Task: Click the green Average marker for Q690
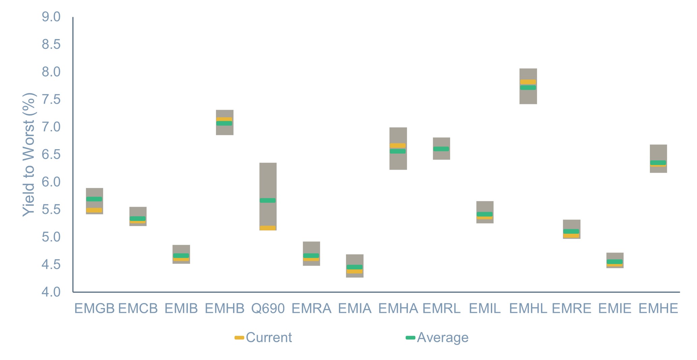tap(267, 200)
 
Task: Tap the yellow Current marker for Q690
tap(267, 228)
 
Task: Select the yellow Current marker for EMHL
tap(528, 82)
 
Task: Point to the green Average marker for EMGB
tap(94, 199)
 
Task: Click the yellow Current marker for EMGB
tap(94, 210)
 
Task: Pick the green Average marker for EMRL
tap(441, 149)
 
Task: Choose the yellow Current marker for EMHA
tap(398, 145)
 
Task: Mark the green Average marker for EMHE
tap(658, 163)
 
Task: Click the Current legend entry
tap(263, 337)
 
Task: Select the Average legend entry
tap(437, 337)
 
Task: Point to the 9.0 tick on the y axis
tap(51, 17)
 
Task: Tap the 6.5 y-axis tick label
tap(51, 155)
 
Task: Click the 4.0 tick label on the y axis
tap(51, 292)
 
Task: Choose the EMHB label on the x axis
tap(225, 308)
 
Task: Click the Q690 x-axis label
tap(268, 308)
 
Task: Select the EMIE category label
tap(615, 308)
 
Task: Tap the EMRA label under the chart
tap(311, 308)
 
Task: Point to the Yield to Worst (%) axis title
tap(29, 155)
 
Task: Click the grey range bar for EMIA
tap(354, 266)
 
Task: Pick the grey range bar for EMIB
tap(181, 254)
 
